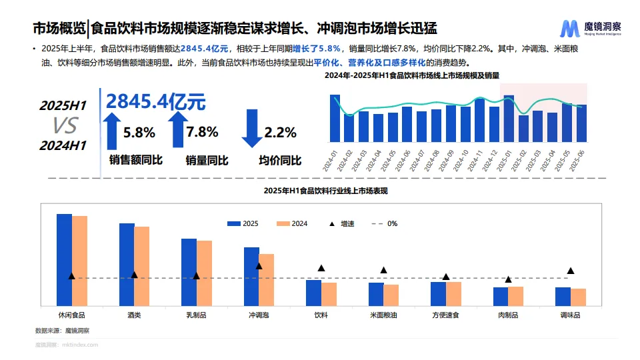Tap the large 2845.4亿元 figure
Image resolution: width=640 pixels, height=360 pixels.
[x=155, y=101]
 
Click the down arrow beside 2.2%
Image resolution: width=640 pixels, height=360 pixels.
[x=252, y=128]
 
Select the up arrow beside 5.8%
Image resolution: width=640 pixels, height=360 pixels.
[x=112, y=130]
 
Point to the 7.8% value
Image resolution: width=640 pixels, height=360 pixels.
[x=202, y=132]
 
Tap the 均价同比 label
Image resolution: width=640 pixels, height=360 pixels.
[x=280, y=161]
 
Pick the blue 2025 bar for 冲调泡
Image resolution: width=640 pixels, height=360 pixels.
[x=251, y=275]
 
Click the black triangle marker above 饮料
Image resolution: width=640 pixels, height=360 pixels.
[x=321, y=268]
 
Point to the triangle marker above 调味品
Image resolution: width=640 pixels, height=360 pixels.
[x=571, y=271]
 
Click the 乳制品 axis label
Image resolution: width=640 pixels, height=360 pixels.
[x=196, y=315]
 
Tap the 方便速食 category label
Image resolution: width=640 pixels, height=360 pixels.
[x=446, y=315]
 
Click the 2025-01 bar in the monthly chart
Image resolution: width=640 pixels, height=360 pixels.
[x=509, y=119]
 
